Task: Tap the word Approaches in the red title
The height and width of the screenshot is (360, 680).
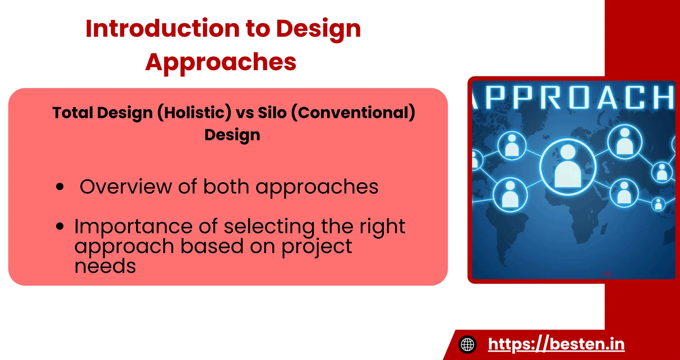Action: pyautogui.click(x=221, y=62)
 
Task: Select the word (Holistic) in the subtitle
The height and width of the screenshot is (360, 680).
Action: pyautogui.click(x=194, y=113)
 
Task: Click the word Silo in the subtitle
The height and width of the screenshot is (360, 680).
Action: pyautogui.click(x=272, y=113)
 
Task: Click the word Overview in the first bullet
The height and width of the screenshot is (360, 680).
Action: pyautogui.click(x=126, y=187)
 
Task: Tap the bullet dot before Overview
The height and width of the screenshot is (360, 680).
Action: pyautogui.click(x=60, y=187)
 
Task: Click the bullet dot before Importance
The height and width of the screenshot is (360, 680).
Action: pyautogui.click(x=60, y=226)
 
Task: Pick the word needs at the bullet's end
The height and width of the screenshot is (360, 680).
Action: pyautogui.click(x=105, y=266)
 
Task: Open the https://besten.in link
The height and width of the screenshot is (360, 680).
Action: pyautogui.click(x=556, y=344)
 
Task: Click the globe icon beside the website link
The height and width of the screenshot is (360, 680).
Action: pyautogui.click(x=467, y=344)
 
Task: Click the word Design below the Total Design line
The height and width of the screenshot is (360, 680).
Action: pyautogui.click(x=232, y=135)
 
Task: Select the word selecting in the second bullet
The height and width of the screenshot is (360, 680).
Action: pyautogui.click(x=269, y=226)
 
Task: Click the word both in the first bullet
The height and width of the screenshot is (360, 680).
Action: pyautogui.click(x=226, y=187)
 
